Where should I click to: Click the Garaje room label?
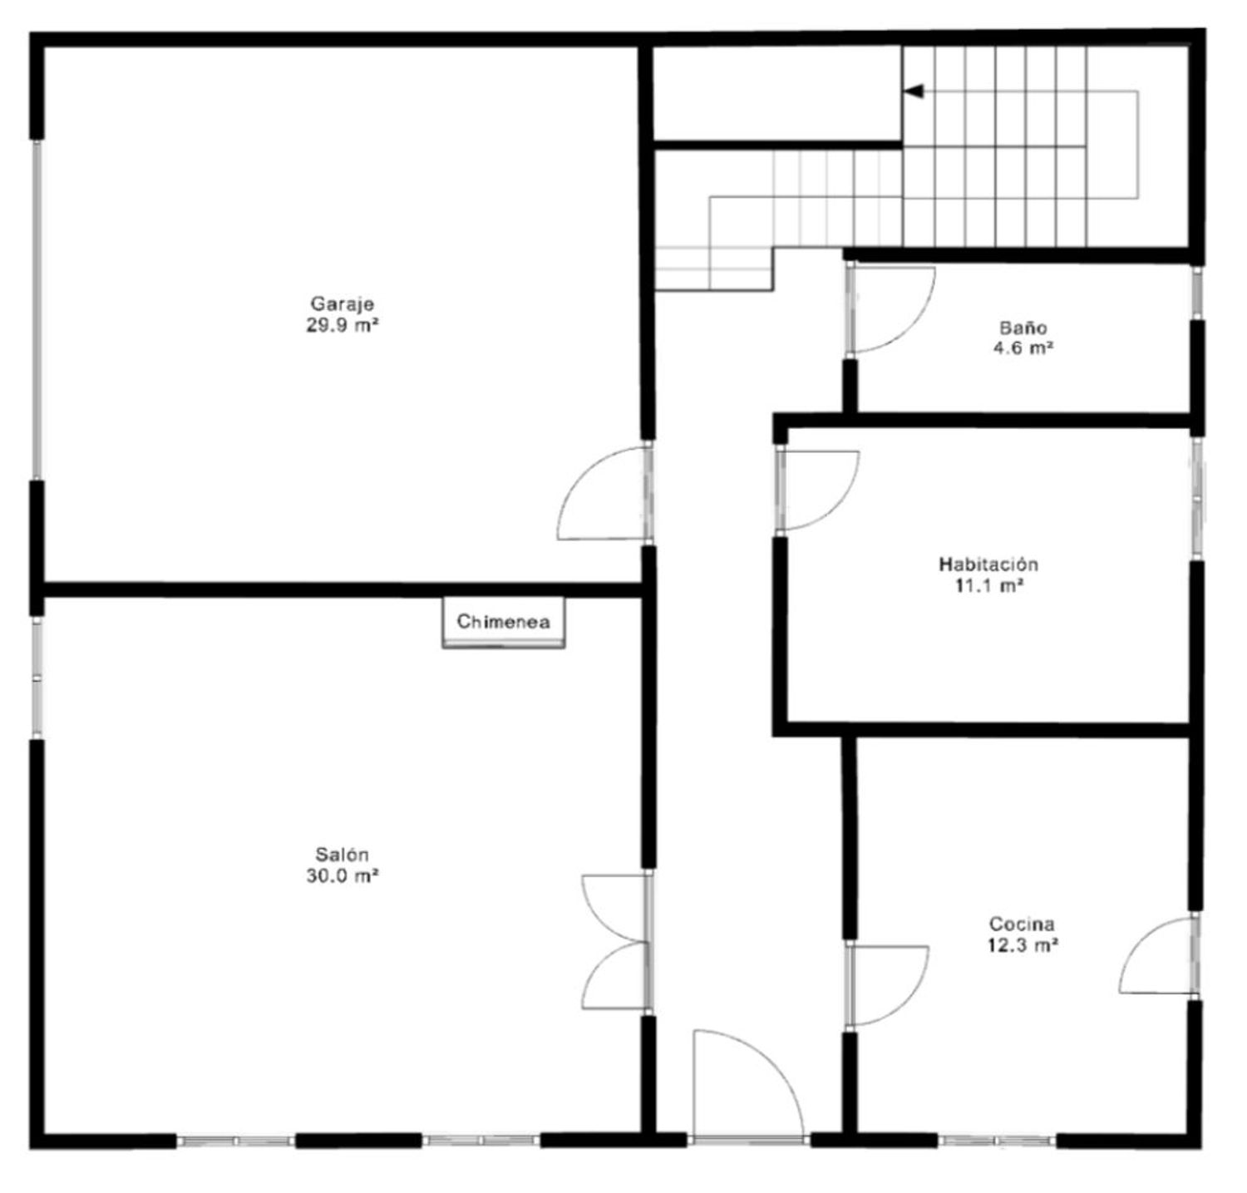tap(343, 303)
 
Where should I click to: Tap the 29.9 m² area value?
tap(343, 325)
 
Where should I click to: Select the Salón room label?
tap(342, 854)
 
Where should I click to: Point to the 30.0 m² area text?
tap(343, 875)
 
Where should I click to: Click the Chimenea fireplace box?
tap(503, 622)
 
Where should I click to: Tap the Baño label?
tap(1023, 328)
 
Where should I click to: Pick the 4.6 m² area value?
tap(1023, 349)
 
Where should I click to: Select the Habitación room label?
tap(988, 564)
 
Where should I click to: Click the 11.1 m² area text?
tap(988, 586)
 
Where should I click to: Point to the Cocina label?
tap(1022, 924)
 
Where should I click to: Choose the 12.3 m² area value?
tap(1022, 945)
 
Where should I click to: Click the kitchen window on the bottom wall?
tap(998, 1141)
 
